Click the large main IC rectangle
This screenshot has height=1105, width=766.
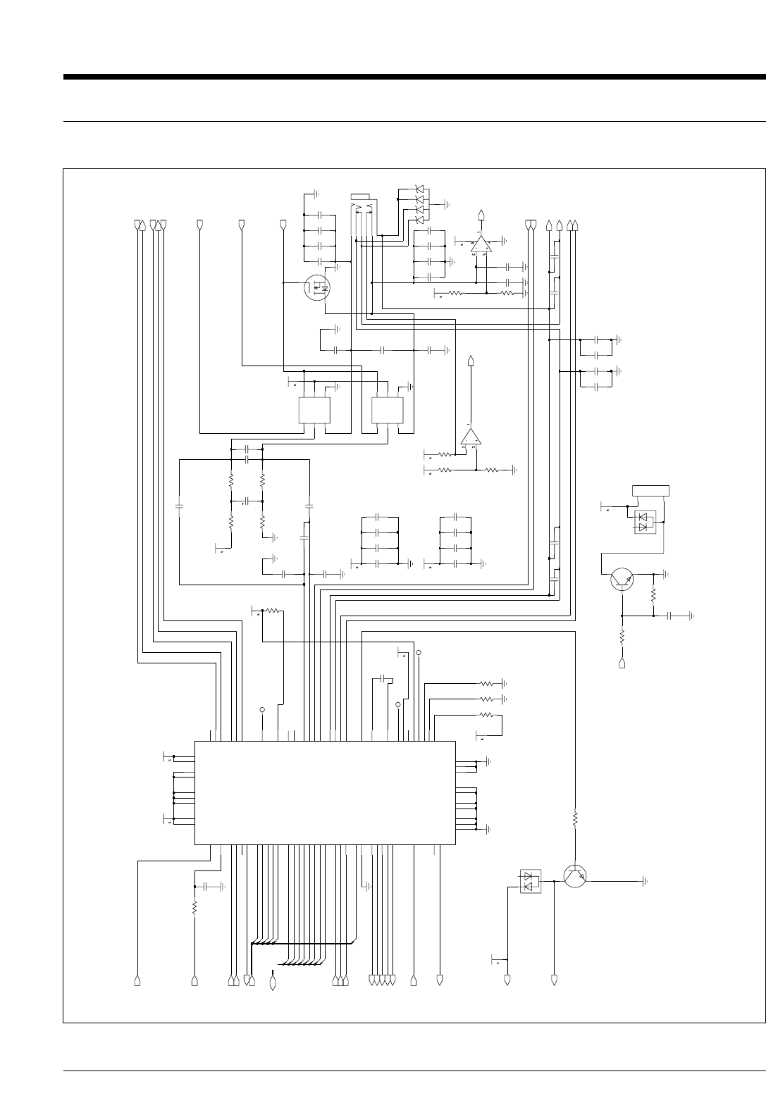(324, 792)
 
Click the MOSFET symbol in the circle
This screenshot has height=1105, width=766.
(319, 287)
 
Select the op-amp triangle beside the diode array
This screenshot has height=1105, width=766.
(481, 244)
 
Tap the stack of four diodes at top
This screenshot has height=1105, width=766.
(419, 205)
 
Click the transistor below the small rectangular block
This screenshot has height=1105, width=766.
(622, 580)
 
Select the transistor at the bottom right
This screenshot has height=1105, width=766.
(575, 875)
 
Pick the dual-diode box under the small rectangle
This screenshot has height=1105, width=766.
(645, 523)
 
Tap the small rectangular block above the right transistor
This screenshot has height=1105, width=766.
(650, 490)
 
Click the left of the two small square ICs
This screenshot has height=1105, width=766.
(314, 411)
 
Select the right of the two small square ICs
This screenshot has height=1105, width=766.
(387, 411)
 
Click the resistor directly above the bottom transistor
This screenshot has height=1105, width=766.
(575, 819)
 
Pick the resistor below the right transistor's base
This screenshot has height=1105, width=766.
(622, 636)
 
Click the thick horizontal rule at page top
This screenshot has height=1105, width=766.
(414, 77)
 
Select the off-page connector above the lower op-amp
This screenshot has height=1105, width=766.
(471, 363)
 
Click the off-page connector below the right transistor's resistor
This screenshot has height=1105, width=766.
(622, 663)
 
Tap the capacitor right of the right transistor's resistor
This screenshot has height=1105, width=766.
(670, 615)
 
